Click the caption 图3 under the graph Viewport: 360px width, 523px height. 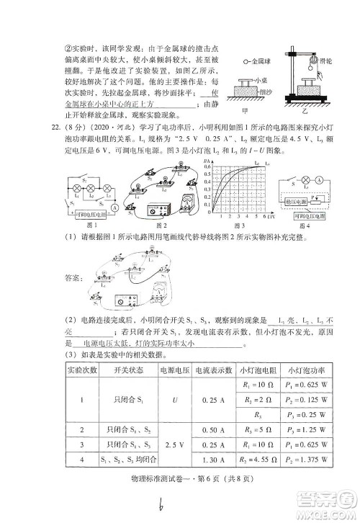245,225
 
